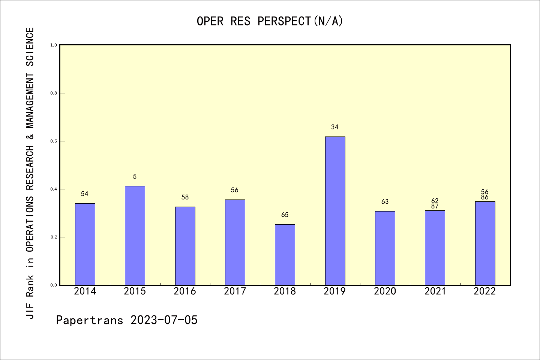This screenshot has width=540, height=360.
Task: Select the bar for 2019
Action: tap(335, 211)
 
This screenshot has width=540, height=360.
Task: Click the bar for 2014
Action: tap(85, 244)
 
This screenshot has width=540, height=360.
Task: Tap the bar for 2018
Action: tap(285, 255)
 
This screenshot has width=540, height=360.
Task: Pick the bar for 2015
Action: tap(135, 235)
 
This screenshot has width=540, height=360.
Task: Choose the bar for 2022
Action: tap(485, 243)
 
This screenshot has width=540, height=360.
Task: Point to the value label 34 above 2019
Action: tap(335, 127)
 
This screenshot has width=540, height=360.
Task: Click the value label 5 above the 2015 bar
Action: tap(135, 177)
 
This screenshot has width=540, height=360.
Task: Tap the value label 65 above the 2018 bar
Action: tap(285, 215)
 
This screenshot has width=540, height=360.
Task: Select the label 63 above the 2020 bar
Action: tap(385, 202)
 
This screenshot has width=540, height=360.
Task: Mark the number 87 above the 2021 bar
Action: tap(435, 206)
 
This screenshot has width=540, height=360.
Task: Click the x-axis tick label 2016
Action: tap(185, 291)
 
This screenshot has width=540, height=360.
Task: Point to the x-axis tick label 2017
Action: tap(235, 291)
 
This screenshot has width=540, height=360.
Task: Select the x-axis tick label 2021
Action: tap(435, 291)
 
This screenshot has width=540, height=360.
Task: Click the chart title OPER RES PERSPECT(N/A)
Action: tap(270, 21)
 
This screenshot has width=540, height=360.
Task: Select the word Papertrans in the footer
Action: tap(90, 320)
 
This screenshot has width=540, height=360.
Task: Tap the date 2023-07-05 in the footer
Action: tap(164, 320)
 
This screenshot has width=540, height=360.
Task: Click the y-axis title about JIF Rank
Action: tap(30, 173)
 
